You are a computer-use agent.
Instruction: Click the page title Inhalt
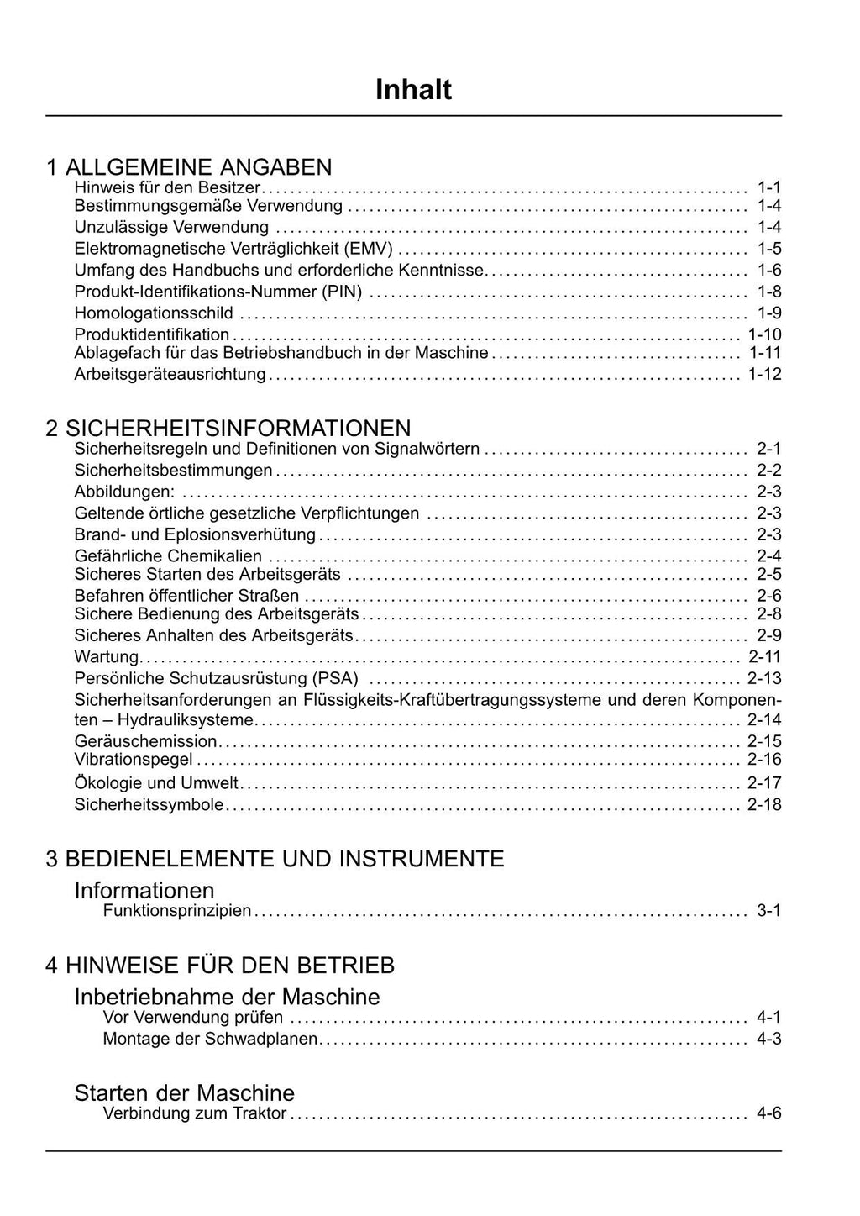(x=413, y=90)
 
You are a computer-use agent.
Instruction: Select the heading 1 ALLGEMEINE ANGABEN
(x=189, y=167)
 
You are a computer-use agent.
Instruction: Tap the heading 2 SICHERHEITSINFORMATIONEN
(x=228, y=429)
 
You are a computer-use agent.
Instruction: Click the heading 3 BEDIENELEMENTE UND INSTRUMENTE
(x=275, y=859)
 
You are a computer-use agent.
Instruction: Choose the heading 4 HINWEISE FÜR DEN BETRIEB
(x=220, y=965)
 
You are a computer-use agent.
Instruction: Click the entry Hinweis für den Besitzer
(x=167, y=187)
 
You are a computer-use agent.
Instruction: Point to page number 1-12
(x=764, y=374)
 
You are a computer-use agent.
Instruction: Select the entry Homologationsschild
(x=154, y=313)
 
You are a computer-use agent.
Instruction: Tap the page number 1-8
(x=768, y=292)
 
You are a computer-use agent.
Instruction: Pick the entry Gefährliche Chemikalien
(x=168, y=556)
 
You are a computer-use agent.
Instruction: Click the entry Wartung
(x=106, y=657)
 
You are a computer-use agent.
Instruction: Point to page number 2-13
(x=764, y=678)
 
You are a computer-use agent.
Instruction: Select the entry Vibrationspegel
(x=134, y=760)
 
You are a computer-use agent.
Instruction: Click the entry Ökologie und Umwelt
(x=156, y=783)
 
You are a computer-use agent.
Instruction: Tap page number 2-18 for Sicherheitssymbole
(x=764, y=805)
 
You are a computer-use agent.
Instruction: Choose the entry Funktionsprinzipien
(x=176, y=911)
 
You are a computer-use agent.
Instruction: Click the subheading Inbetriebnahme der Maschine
(x=227, y=997)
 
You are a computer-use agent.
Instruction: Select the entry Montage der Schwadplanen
(x=210, y=1040)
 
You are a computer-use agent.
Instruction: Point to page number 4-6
(x=768, y=1113)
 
